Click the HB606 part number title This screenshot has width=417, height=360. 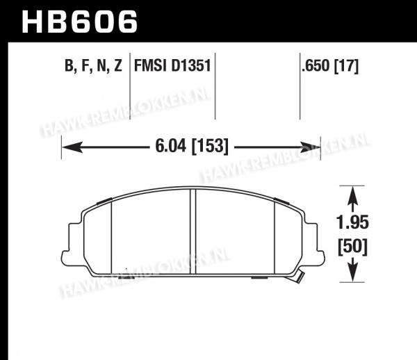click(x=79, y=22)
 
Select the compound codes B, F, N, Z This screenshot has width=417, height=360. click(x=93, y=65)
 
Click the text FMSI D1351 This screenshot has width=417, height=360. click(x=172, y=65)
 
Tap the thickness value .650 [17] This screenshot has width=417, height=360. click(x=330, y=65)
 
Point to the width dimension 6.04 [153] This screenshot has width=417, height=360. click(x=192, y=146)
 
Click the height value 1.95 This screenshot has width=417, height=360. click(x=352, y=222)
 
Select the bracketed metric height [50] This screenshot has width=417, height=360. click(x=352, y=247)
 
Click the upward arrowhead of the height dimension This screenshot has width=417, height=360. click(x=352, y=195)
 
